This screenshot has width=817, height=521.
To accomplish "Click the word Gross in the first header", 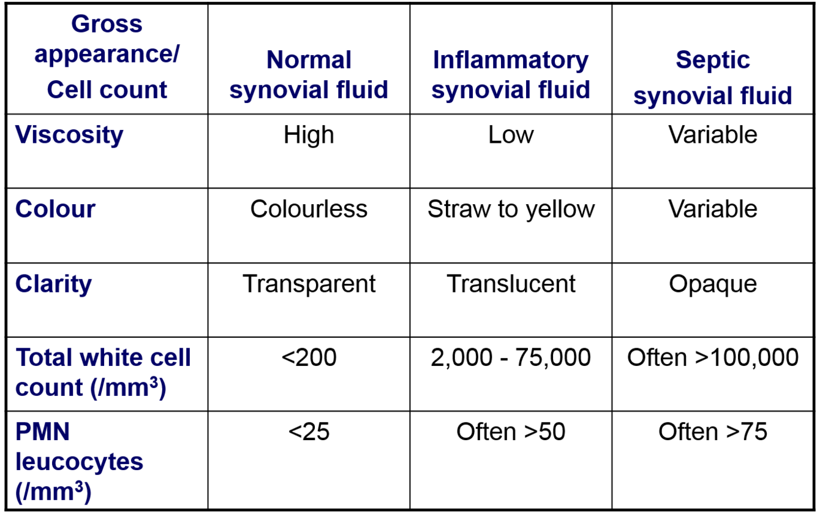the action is pos(107,25).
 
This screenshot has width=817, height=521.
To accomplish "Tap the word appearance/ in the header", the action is pos(107,55).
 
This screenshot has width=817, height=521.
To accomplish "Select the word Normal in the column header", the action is pos(309,61).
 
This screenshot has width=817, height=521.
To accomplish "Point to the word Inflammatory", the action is pos(511,61).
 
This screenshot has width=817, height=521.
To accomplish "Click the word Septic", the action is pos(713,61).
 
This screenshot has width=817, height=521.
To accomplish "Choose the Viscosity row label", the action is pos(69,135).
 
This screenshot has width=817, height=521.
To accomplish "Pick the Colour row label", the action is pos(55,210).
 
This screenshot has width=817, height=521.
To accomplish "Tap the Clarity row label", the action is pos(54,284).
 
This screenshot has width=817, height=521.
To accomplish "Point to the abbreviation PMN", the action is pos(43,433).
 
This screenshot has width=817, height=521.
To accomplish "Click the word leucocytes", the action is pos(79,462).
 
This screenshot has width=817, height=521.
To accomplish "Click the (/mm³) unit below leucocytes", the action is pos(54,492).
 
